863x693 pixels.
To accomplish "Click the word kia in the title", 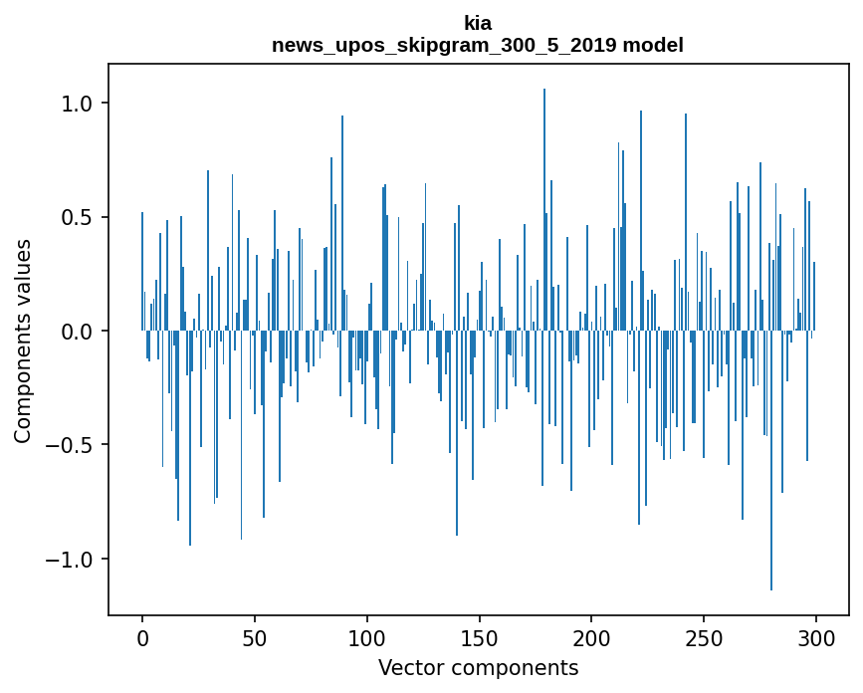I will tap(477, 22).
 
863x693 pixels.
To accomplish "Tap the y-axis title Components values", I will tap(22, 341).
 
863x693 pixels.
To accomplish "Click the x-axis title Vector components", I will tap(478, 667).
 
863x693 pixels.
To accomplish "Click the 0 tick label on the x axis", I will tap(142, 636).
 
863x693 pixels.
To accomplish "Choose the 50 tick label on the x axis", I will tap(255, 636).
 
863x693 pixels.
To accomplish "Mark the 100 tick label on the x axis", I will tap(367, 636).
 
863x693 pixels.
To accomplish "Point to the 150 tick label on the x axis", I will tap(480, 636).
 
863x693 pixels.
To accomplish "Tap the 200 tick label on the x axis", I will tap(592, 636).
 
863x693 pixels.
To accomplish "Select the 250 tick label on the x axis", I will tap(705, 636).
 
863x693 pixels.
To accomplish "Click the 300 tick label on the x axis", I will tap(816, 636).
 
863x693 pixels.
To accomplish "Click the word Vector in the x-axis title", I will tap(408, 667).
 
